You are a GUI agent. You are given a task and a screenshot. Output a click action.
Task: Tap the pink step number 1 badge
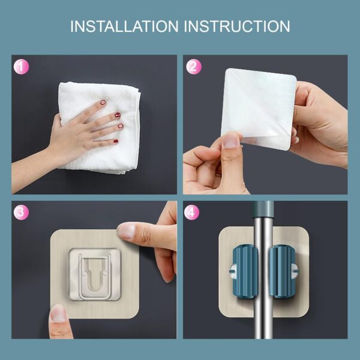pyautogui.click(x=21, y=67)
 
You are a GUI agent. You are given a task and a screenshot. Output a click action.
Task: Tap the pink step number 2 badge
pyautogui.click(x=193, y=67)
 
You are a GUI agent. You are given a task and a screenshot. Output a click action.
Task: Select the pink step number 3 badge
pyautogui.click(x=21, y=212)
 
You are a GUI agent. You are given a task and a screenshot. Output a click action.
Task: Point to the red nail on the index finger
pyautogui.click(x=118, y=115)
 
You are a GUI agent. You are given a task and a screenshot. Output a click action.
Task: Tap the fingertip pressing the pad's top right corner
pyautogui.click(x=127, y=230)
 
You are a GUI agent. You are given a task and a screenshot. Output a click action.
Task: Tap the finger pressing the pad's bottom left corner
pyautogui.click(x=58, y=312)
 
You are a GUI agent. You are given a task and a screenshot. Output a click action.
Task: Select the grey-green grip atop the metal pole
pyautogui.click(x=262, y=210)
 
